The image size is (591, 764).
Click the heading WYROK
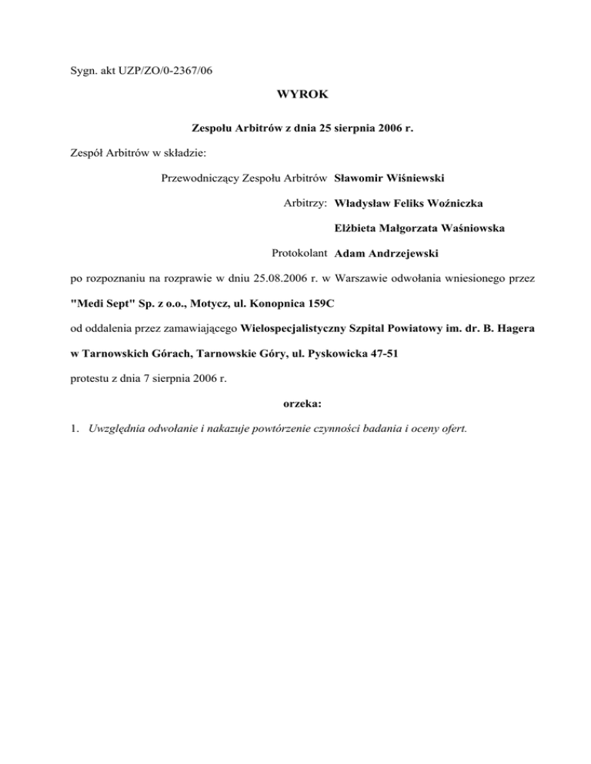[x=295, y=97]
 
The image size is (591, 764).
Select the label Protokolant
[x=300, y=253]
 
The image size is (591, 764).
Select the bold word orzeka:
[x=295, y=400]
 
